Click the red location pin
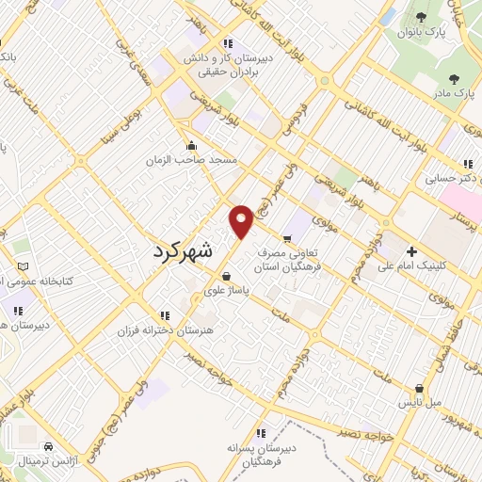pos(241,220)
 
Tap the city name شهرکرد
pos(196,251)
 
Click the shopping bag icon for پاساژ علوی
pos(226,276)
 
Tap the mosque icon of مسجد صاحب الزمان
pos(192,146)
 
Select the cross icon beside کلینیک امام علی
pos(410,251)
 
